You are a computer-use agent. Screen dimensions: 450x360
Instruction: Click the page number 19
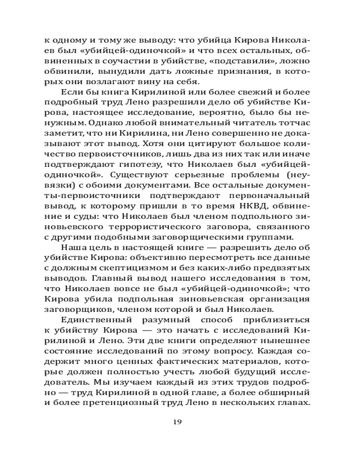click(177, 422)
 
